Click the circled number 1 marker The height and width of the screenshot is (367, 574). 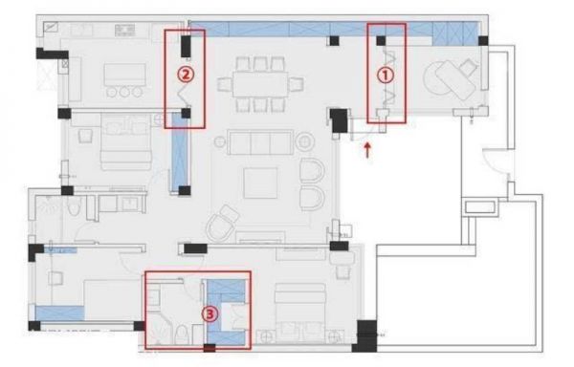pyautogui.click(x=386, y=76)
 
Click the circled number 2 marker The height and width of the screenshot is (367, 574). pyautogui.click(x=186, y=75)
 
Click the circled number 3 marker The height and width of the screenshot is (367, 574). pyautogui.click(x=210, y=314)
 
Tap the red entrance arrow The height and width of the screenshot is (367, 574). pyautogui.click(x=367, y=150)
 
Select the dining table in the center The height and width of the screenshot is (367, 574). pyautogui.click(x=260, y=84)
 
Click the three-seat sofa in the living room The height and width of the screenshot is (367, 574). pyautogui.click(x=260, y=141)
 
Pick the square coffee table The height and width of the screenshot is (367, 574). pyautogui.click(x=260, y=183)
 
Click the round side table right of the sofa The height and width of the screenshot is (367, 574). pyautogui.click(x=305, y=141)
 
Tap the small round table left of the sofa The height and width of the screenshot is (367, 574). pyautogui.click(x=219, y=141)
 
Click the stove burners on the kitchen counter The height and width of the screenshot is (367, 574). pyautogui.click(x=124, y=30)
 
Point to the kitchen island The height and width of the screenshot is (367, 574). pyautogui.click(x=124, y=75)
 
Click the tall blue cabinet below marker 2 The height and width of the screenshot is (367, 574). pyautogui.click(x=180, y=152)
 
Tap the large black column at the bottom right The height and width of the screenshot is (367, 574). pyautogui.click(x=365, y=335)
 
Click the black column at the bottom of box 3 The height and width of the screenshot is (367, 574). pyautogui.click(x=210, y=348)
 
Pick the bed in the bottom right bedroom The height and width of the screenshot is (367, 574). pyautogui.click(x=299, y=313)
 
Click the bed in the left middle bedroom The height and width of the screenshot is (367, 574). pyautogui.click(x=125, y=141)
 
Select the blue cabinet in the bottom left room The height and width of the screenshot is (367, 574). pyautogui.click(x=59, y=313)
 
